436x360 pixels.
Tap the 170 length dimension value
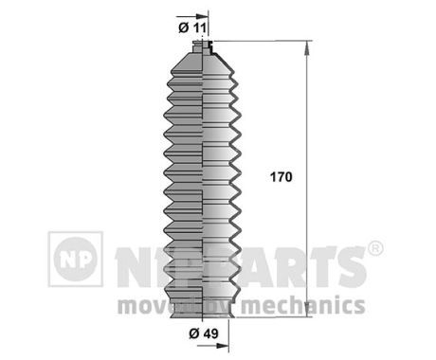coord(282,177)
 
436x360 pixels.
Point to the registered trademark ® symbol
coord(374,249)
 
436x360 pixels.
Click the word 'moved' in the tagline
coord(151,305)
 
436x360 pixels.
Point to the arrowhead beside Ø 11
coord(202,18)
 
